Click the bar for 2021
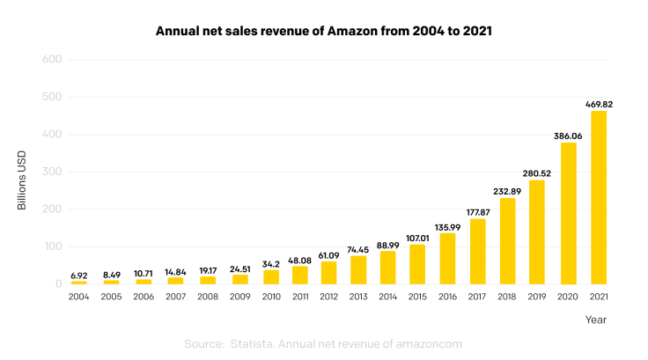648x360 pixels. (x=599, y=197)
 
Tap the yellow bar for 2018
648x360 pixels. (x=508, y=241)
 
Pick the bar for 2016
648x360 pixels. (x=448, y=259)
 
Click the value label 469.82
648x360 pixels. (x=599, y=104)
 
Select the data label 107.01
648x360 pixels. (x=418, y=237)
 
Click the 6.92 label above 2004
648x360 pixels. (x=78, y=276)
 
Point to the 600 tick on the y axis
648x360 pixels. (x=50, y=60)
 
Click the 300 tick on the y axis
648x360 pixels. (x=50, y=172)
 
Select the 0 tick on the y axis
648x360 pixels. (x=56, y=284)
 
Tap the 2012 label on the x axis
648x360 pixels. (x=328, y=298)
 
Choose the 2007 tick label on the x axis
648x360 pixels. (x=176, y=298)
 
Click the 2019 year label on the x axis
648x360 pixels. (x=538, y=298)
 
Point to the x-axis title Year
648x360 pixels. (x=596, y=320)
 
